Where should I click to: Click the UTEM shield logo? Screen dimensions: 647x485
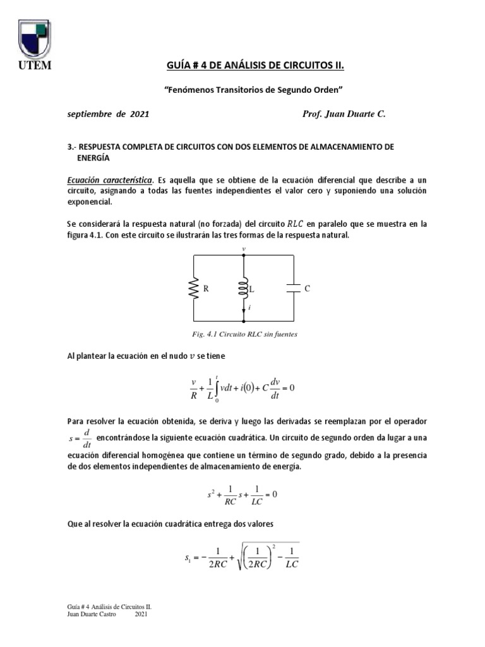[x=35, y=39]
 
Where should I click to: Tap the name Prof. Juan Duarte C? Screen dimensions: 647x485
[x=344, y=116]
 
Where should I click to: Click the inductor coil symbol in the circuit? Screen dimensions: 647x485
[x=244, y=288]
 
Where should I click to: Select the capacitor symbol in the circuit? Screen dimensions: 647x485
[x=294, y=288]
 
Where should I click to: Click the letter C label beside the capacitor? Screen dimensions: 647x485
[x=308, y=288]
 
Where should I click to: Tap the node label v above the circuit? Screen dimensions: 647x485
[x=244, y=250]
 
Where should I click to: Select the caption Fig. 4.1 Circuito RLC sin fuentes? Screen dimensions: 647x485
[x=243, y=334]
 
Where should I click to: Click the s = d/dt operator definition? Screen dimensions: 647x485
[x=79, y=436]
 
